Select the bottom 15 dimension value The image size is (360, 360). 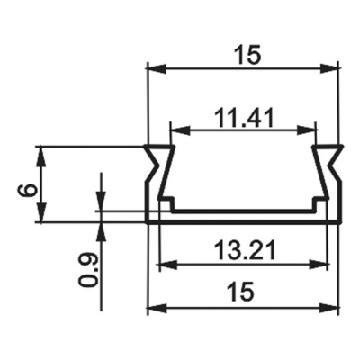point(241,291)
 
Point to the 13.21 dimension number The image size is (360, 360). point(242,248)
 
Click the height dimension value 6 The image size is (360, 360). point(28,190)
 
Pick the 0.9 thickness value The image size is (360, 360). point(87,267)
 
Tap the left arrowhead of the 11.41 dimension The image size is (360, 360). point(178,130)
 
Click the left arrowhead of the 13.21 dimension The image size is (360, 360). point(166,265)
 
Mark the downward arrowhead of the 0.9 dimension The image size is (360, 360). point(101,202)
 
